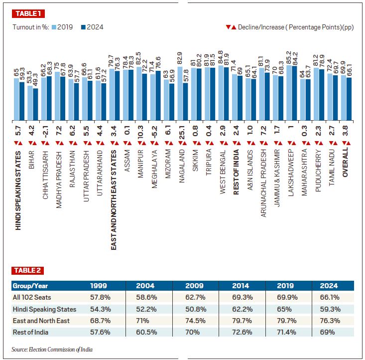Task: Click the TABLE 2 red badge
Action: point(27,271)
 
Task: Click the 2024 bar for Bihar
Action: point(35,104)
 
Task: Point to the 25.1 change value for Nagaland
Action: point(182,132)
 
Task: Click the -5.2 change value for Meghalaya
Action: point(155,132)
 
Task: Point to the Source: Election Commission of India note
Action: point(52,350)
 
